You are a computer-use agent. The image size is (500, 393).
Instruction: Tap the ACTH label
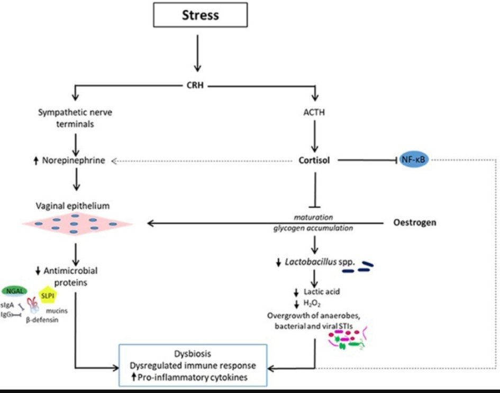(315, 112)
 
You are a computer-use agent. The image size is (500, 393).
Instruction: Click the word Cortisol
(315, 159)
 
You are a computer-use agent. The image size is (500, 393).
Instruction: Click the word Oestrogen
(415, 222)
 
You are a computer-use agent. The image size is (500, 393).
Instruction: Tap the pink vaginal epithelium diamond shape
(77, 224)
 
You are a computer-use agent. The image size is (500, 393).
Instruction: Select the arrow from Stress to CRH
(197, 51)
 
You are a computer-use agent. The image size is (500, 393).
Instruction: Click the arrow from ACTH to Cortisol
(315, 135)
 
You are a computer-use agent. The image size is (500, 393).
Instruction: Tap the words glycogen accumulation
(315, 228)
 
